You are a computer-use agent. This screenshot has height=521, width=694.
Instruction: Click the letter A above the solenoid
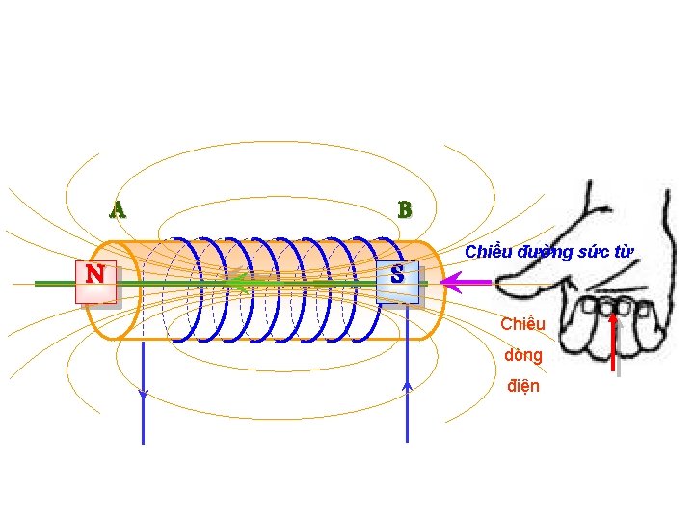pos(118,209)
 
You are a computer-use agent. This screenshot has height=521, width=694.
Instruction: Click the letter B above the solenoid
pos(405,209)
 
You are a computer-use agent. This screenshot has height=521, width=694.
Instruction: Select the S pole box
pos(397,275)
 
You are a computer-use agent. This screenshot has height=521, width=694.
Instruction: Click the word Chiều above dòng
pos(523,324)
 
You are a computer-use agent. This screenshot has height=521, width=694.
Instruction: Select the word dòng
pos(523,355)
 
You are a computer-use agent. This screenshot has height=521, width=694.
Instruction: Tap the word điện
pos(523,386)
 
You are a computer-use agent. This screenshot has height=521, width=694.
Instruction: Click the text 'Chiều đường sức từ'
pos(548,253)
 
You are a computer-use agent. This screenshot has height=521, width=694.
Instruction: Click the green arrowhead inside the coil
pos(235,284)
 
